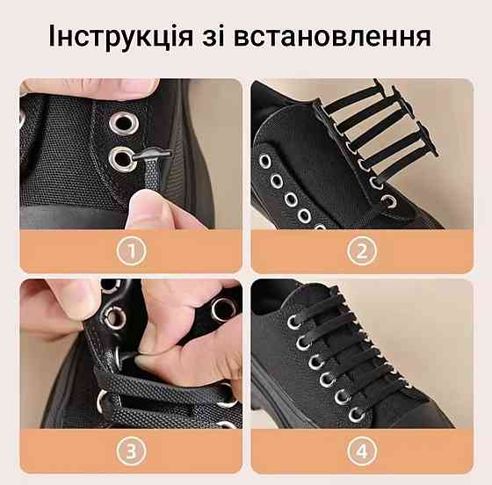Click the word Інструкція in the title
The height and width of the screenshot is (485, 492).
[x=121, y=35]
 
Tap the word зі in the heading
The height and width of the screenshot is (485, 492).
[x=213, y=35]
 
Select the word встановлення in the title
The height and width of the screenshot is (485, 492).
[x=332, y=37]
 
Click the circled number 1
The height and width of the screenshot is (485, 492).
[x=132, y=250]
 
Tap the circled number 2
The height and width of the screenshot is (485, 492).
[x=362, y=250]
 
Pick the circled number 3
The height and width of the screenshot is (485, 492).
[x=132, y=451]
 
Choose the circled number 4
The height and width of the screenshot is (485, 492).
[x=362, y=451]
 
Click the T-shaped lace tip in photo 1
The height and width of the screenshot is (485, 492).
[x=152, y=155]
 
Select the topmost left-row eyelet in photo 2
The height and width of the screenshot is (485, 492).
[x=264, y=162]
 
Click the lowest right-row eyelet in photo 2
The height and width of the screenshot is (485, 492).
[x=389, y=201]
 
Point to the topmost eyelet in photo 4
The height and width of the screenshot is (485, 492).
[x=294, y=322]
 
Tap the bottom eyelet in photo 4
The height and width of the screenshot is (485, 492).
[x=357, y=415]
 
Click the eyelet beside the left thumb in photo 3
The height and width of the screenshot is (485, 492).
[x=115, y=318]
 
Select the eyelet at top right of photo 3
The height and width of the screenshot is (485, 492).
[x=223, y=310]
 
